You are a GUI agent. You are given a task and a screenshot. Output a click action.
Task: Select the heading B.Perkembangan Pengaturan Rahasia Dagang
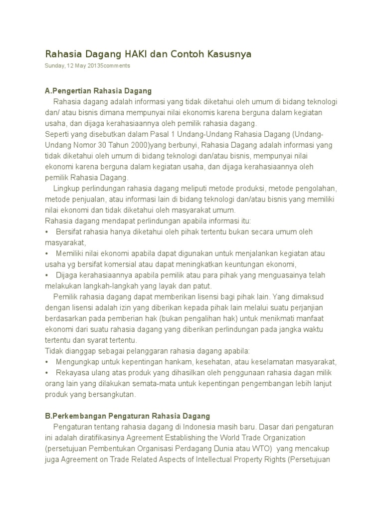(127, 416)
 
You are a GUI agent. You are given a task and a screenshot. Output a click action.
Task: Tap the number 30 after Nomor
(104, 145)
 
